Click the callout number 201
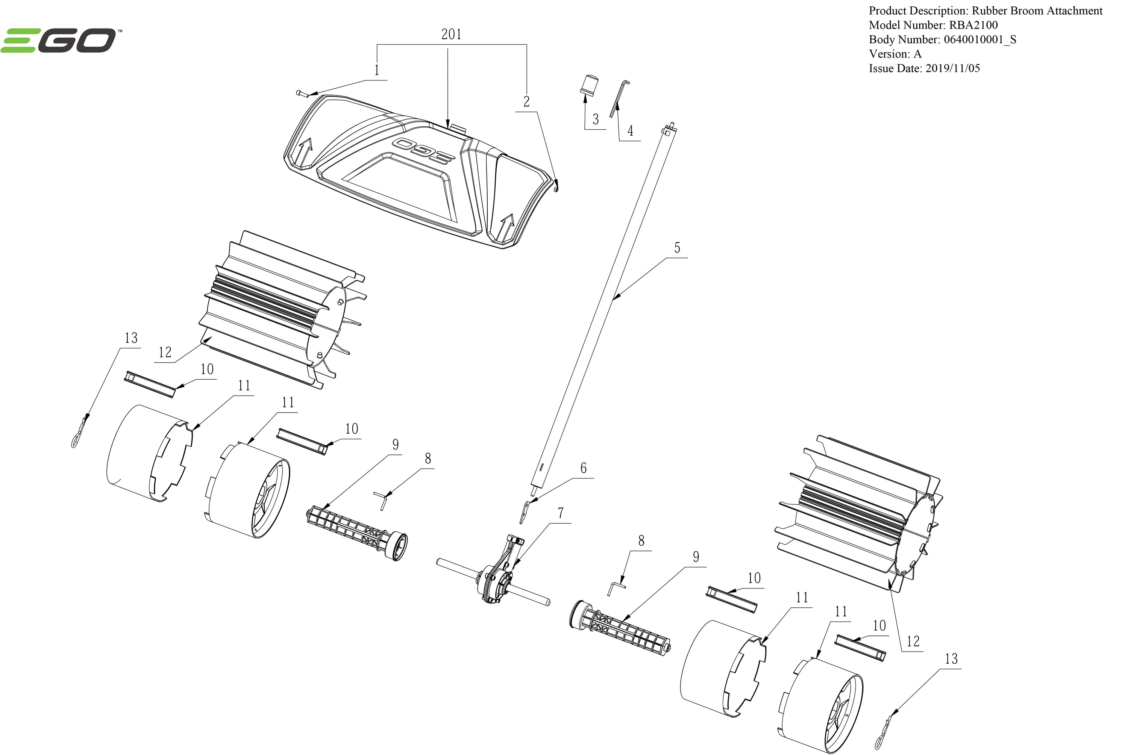coord(451,35)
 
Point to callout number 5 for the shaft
coord(677,248)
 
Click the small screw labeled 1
coord(302,94)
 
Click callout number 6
coord(583,468)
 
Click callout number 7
coord(561,514)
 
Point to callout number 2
coord(526,101)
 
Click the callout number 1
coord(377,71)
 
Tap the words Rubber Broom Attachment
coord(1037,11)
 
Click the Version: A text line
coord(895,54)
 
